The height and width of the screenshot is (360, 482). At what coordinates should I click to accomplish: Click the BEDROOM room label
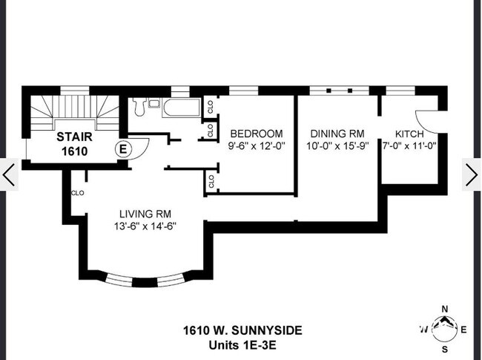[256, 134]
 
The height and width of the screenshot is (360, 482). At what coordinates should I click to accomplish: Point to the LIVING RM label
[145, 215]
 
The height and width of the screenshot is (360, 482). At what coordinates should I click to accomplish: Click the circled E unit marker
[124, 148]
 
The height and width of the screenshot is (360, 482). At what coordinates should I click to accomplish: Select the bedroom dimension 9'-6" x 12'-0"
[257, 145]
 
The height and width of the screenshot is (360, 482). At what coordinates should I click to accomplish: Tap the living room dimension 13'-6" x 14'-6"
[145, 226]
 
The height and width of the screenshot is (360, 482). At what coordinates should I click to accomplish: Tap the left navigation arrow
[9, 174]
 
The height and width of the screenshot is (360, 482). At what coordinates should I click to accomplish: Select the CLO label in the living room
[77, 192]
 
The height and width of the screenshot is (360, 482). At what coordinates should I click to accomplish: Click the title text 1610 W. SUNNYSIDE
[242, 330]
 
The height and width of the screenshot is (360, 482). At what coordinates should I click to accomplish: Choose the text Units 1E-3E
[242, 344]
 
